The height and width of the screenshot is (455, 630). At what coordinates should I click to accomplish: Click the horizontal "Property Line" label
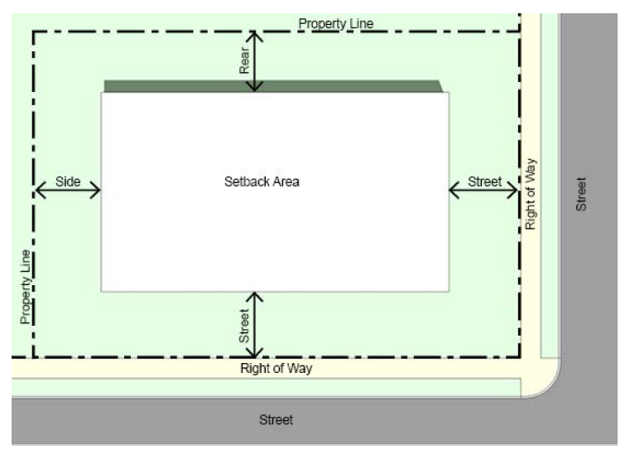[x=335, y=23]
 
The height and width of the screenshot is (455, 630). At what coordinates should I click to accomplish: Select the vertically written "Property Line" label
[x=26, y=286]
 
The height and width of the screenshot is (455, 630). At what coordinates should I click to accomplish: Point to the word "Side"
[x=68, y=182]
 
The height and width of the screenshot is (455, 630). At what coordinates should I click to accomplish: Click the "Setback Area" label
[x=262, y=182]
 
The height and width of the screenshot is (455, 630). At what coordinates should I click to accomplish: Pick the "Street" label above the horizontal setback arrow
[x=485, y=182]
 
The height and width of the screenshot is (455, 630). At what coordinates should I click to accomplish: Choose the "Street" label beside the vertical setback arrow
[x=245, y=326]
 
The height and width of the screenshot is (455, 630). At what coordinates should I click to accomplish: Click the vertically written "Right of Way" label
[x=531, y=193]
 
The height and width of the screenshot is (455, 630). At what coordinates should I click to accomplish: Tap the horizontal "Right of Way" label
[x=276, y=369]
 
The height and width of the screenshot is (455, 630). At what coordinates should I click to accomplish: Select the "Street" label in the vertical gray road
[x=581, y=194]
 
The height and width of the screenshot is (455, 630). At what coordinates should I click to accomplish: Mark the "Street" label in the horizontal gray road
[x=276, y=420]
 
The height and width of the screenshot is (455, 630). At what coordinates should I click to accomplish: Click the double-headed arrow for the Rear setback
[x=256, y=61]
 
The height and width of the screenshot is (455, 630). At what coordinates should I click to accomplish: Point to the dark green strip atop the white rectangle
[x=273, y=85]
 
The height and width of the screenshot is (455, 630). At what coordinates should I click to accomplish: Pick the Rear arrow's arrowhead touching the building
[x=256, y=86]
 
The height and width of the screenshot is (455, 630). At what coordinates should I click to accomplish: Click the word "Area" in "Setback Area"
[x=285, y=182]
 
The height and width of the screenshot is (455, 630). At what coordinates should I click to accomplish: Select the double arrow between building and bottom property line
[x=256, y=325]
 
